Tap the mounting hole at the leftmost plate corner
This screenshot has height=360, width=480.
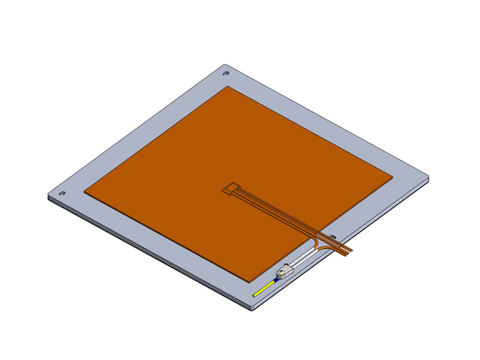point(61,194)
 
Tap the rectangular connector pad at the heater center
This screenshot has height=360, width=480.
point(231,191)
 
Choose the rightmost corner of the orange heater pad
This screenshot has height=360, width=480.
point(394,176)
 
